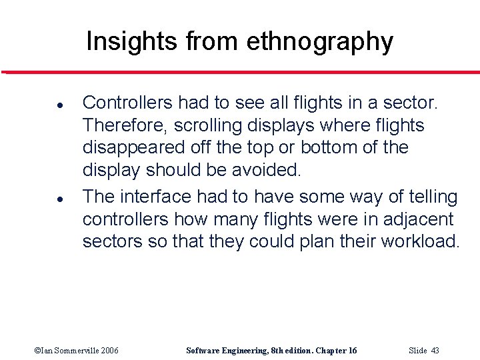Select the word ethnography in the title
[x=319, y=43]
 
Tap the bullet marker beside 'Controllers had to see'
[x=41, y=105]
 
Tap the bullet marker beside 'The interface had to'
[x=41, y=199]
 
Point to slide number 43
[x=435, y=351]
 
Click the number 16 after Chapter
[x=352, y=351]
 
